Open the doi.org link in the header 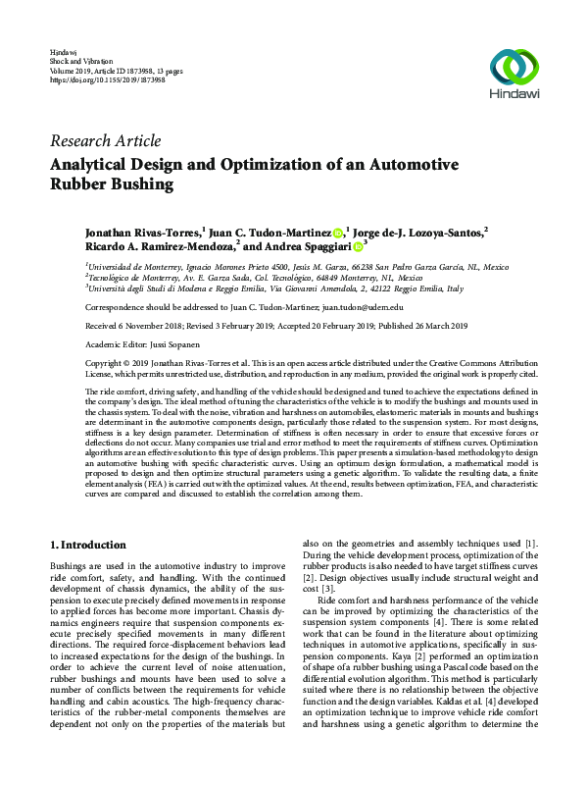[97, 79]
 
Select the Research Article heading [105, 140]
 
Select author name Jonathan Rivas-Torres [140, 233]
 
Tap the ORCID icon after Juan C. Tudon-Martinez [337, 233]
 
